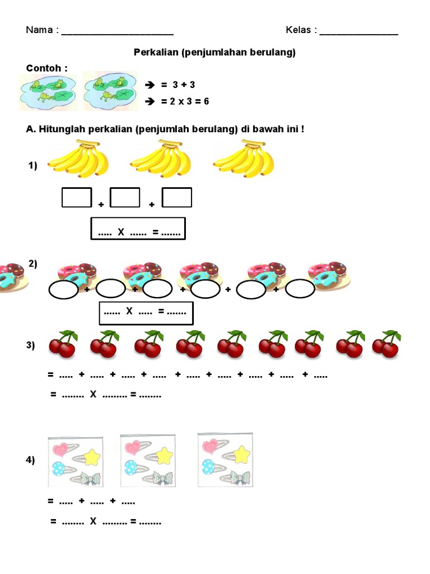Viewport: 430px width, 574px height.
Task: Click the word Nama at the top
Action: click(39, 30)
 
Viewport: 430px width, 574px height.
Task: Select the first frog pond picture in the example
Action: click(48, 91)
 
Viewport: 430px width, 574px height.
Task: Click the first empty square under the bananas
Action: click(77, 197)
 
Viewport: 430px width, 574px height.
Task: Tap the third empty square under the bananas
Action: click(177, 197)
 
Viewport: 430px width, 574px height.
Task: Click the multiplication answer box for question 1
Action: click(138, 229)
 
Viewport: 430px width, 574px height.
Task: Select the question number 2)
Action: click(33, 264)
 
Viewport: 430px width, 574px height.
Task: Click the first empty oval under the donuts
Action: click(63, 290)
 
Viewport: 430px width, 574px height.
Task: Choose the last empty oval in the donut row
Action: click(300, 289)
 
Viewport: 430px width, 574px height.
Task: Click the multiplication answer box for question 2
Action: click(146, 313)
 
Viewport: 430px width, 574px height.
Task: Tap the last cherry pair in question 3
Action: click(385, 344)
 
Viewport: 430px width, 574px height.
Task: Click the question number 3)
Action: click(31, 346)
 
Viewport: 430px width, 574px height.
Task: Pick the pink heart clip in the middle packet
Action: click(133, 447)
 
